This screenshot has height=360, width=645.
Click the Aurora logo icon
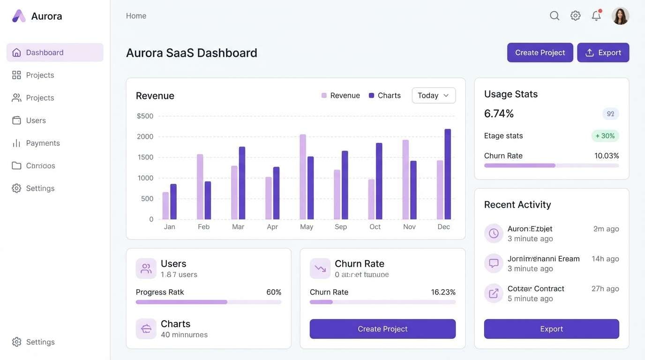[x=19, y=16]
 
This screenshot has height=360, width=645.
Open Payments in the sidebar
[x=42, y=143]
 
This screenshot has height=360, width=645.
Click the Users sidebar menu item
[x=36, y=120]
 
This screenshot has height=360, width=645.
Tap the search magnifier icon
[x=555, y=16]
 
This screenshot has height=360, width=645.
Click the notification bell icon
[x=596, y=16]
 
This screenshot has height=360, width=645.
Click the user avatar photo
[x=620, y=16]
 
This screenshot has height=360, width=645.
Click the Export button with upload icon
[x=603, y=52]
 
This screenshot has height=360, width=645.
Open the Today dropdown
[x=434, y=95]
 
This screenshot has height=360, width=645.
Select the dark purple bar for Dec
[x=448, y=174]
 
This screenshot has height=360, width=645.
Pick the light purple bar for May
[x=303, y=177]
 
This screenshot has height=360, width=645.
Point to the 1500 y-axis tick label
[x=145, y=157]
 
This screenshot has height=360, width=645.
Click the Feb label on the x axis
[x=203, y=227]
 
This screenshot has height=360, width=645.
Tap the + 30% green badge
[x=605, y=136]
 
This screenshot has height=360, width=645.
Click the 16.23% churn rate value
[x=443, y=292]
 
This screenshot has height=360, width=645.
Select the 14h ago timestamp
[x=605, y=259]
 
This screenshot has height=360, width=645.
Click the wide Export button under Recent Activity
[x=551, y=329]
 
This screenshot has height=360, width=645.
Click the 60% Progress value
[x=274, y=292]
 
